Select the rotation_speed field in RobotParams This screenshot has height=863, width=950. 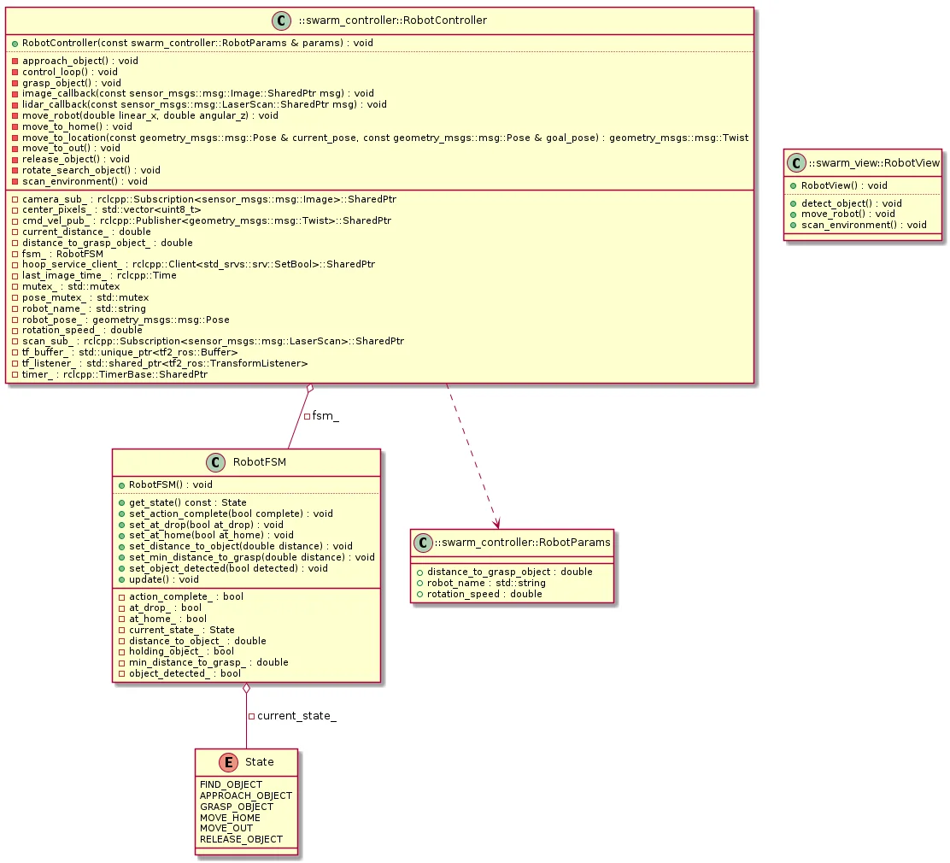tap(484, 594)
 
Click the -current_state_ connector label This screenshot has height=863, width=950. tap(292, 715)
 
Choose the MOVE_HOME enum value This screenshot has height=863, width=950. tap(230, 818)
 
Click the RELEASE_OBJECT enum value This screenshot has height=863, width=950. tap(241, 839)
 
